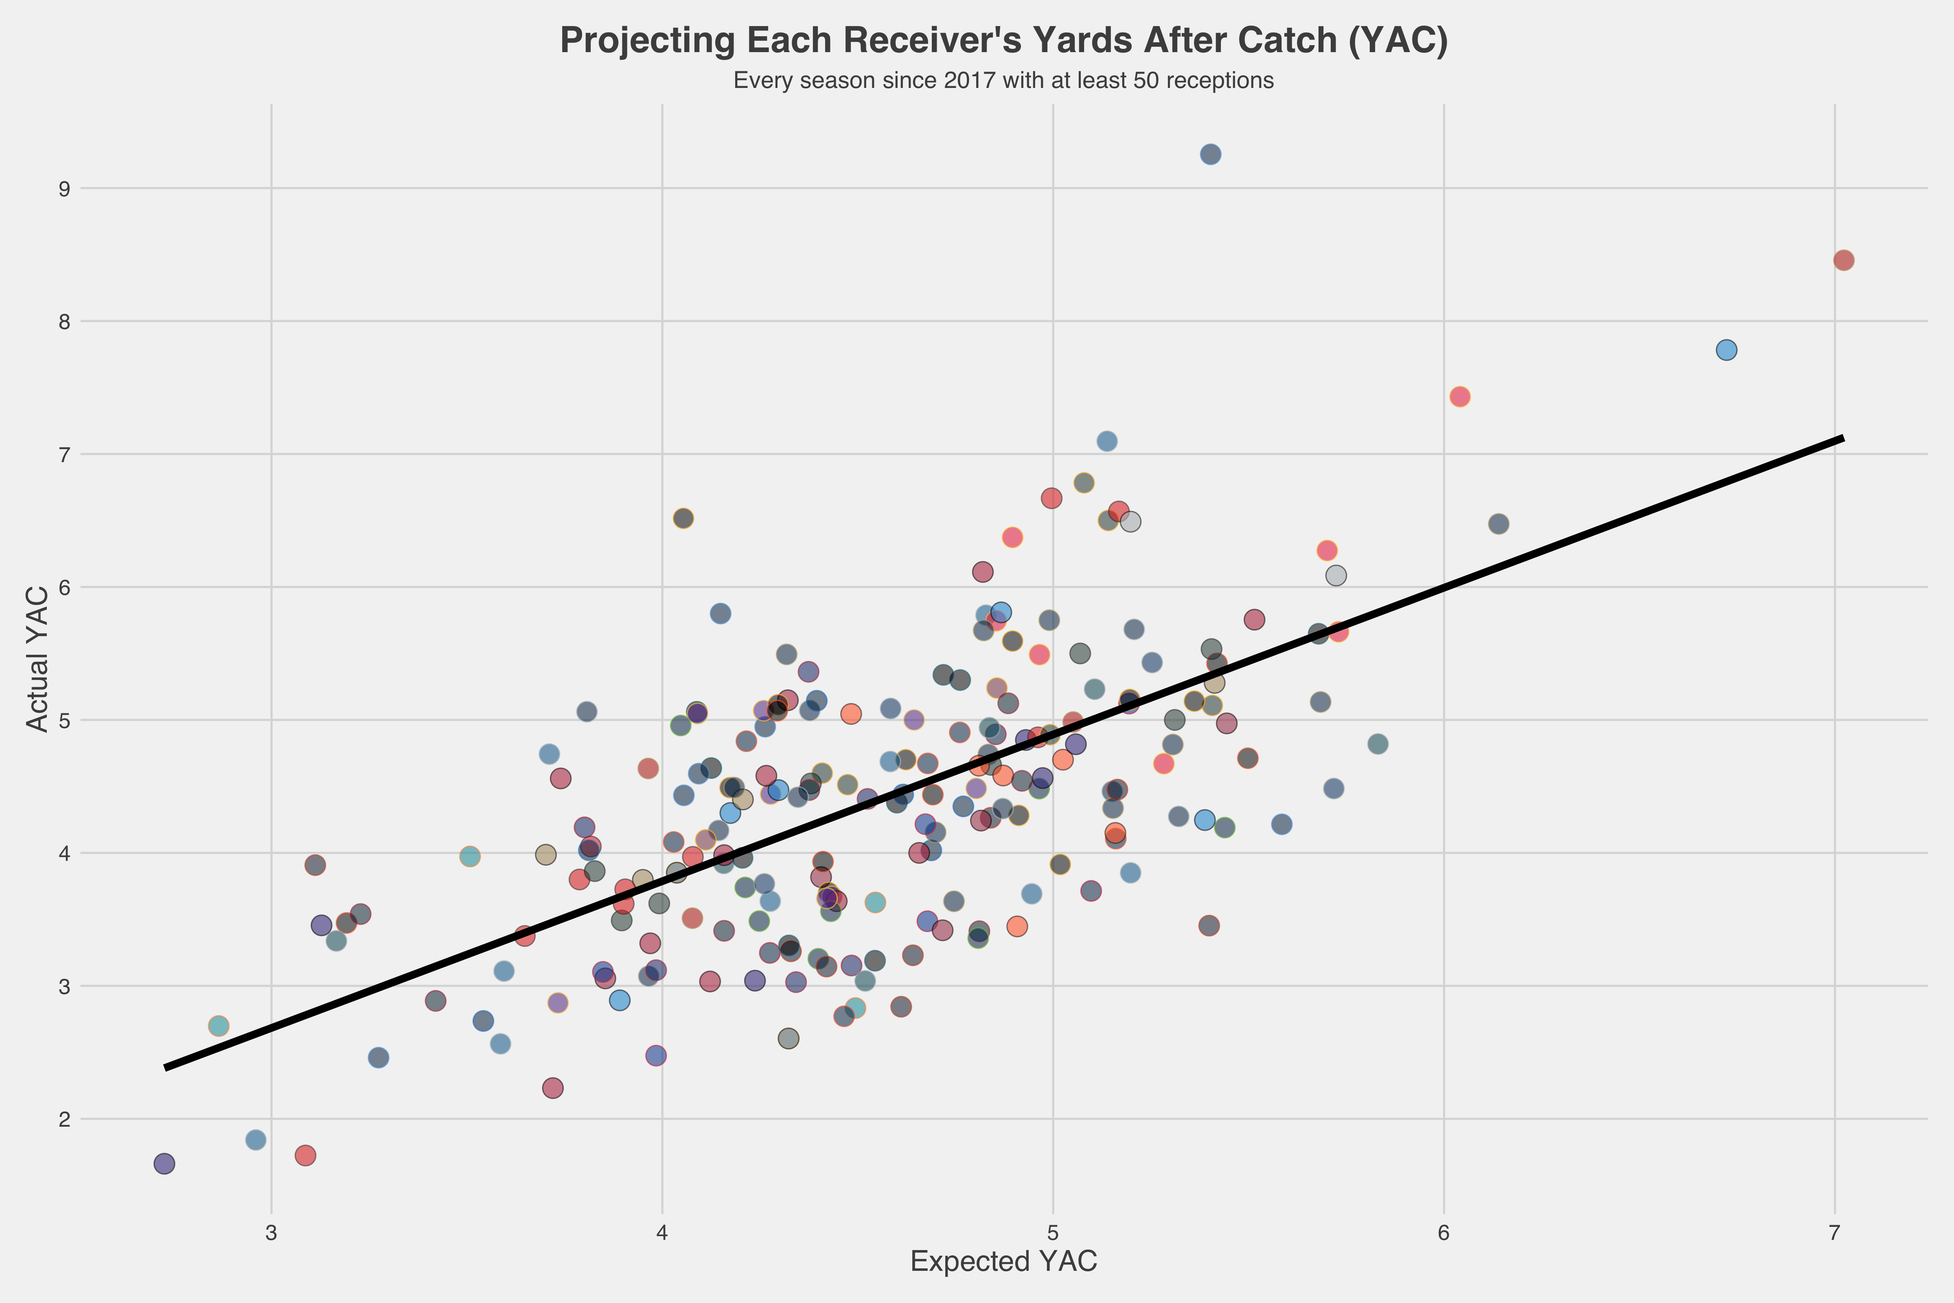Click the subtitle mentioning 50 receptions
pos(1003,81)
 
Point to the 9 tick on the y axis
pos(63,189)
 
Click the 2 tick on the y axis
pos(63,1119)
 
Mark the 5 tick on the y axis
pos(63,720)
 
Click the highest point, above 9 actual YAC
pos(1210,155)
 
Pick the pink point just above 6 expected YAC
pos(1460,396)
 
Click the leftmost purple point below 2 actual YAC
pos(164,1163)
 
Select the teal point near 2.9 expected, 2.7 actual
pos(219,1025)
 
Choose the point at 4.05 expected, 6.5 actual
pos(683,518)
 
